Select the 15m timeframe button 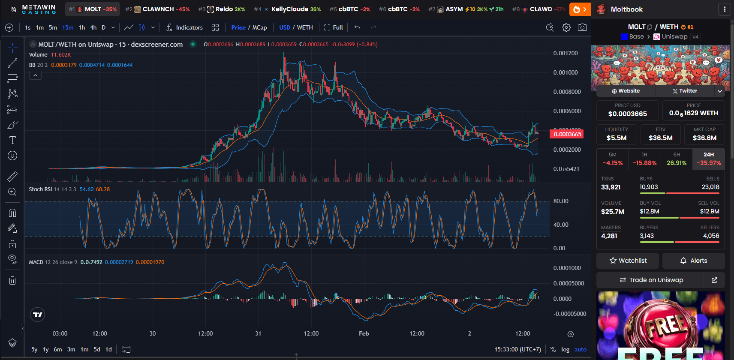pyautogui.click(x=68, y=27)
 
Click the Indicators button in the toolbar pyautogui.click(x=184, y=27)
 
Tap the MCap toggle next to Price pyautogui.click(x=259, y=27)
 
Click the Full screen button pyautogui.click(x=333, y=27)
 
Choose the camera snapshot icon pyautogui.click(x=582, y=27)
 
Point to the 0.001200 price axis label pyautogui.click(x=566, y=53)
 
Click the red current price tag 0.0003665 pyautogui.click(x=567, y=134)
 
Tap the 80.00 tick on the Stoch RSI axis pyautogui.click(x=561, y=201)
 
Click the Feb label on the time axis pyautogui.click(x=364, y=333)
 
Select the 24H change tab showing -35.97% pyautogui.click(x=709, y=159)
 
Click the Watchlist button pyautogui.click(x=628, y=261)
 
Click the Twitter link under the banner pyautogui.click(x=685, y=91)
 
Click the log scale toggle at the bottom pyautogui.click(x=566, y=349)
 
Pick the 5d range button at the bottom pyautogui.click(x=97, y=349)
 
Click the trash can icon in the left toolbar pyautogui.click(x=12, y=280)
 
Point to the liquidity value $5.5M pyautogui.click(x=617, y=138)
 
